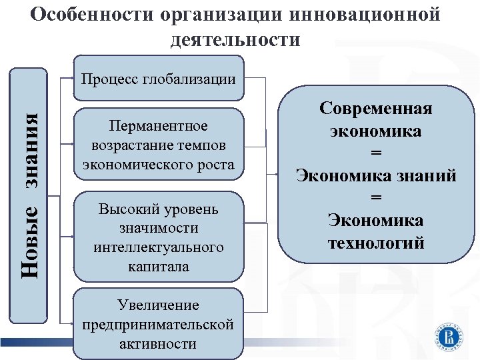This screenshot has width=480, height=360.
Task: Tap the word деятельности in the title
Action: [x=235, y=39]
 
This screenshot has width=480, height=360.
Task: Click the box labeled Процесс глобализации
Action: [x=158, y=79]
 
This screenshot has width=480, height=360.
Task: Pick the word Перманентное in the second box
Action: [x=158, y=127]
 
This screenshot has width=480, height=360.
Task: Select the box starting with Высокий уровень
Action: [x=158, y=237]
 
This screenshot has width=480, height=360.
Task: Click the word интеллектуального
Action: [x=158, y=247]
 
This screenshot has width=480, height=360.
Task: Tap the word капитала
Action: [x=158, y=266]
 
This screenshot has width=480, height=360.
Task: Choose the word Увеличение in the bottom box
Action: [x=158, y=305]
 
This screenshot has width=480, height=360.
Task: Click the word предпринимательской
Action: [x=158, y=325]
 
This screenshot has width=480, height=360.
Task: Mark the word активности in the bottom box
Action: [x=158, y=344]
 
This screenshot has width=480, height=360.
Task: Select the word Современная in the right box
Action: [x=376, y=108]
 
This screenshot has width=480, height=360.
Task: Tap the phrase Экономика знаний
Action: [x=376, y=176]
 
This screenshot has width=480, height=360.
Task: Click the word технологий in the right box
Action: [x=376, y=243]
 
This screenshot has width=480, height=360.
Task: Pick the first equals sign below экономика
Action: [x=376, y=153]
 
